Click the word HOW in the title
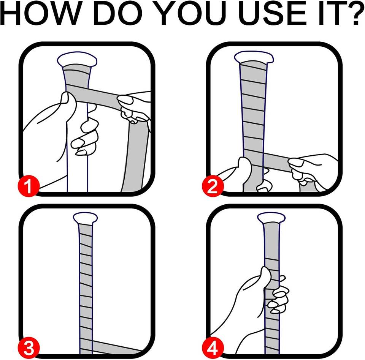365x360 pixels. coord(41,13)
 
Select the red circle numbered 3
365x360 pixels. coord(29,348)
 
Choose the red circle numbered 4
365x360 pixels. coord(213,348)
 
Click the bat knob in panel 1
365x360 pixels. coord(77,59)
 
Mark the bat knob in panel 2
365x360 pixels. coord(254,57)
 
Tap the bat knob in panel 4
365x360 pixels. coord(271,218)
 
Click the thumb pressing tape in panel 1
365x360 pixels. coord(68,102)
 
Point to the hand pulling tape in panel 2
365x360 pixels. coord(312,170)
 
